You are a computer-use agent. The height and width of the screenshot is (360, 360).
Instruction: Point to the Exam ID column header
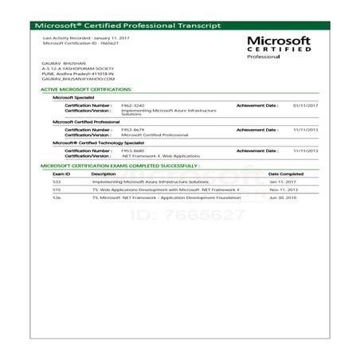62,173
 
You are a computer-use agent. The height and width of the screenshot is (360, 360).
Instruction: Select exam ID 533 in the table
57,182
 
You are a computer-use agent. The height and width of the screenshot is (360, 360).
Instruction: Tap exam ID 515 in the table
57,190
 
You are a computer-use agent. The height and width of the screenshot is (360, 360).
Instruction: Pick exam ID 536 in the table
57,198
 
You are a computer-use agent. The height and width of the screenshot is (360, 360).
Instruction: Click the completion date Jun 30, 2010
284,198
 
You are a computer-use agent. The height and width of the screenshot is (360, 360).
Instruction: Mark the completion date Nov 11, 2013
284,190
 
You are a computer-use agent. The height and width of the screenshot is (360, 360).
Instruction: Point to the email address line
77,79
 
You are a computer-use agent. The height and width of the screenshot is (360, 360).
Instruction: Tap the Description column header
104,173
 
